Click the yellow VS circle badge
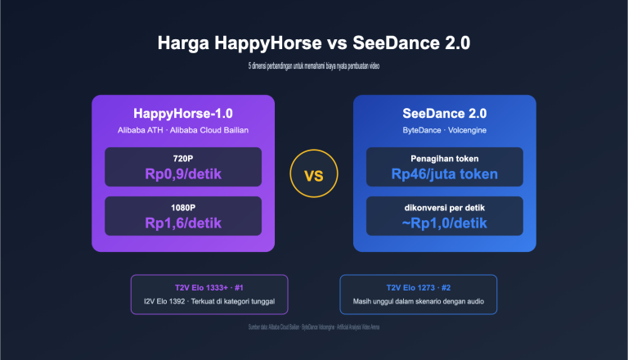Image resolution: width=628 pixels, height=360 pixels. click(x=314, y=175)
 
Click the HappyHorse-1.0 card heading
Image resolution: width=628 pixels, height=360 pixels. click(x=183, y=114)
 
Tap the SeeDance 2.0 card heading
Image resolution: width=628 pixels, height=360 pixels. click(x=444, y=114)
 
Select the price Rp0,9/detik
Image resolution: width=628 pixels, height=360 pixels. click(x=183, y=173)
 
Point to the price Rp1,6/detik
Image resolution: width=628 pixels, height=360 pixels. click(x=183, y=223)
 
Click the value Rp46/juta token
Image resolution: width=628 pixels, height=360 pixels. click(x=444, y=173)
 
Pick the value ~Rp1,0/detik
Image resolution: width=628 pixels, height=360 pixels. click(x=444, y=223)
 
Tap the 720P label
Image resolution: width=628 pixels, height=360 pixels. click(x=183, y=157)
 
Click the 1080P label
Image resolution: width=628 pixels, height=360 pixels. click(x=183, y=206)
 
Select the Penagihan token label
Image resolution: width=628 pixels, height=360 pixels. click(x=444, y=157)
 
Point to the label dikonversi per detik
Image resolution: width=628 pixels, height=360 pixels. click(x=444, y=206)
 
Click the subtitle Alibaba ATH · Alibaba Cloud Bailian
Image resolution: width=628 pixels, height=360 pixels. click(x=183, y=130)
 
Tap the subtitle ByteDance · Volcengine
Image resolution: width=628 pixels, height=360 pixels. click(x=444, y=130)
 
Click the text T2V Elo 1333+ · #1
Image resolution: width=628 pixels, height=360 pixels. click(x=209, y=288)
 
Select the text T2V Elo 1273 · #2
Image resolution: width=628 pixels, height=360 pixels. click(x=418, y=288)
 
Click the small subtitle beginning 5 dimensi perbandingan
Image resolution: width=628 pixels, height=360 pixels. click(x=314, y=65)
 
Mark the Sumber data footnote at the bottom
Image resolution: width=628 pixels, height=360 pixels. click(x=314, y=327)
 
